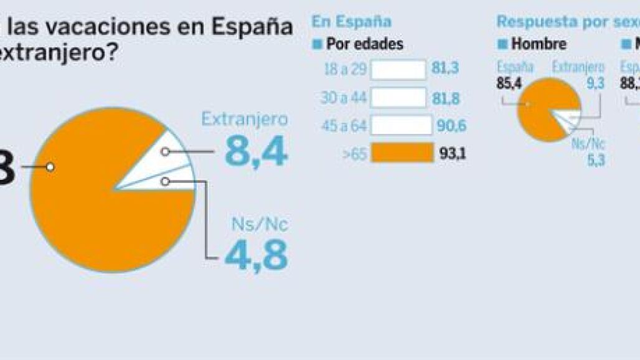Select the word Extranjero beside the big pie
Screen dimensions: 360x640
pos(245,120)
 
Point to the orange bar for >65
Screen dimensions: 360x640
pos(402,153)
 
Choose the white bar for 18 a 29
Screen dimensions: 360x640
pos(398,69)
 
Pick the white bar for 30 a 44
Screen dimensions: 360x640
pos(398,97)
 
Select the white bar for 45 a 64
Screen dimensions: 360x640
pos(401,125)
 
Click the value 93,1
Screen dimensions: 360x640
pos(453,153)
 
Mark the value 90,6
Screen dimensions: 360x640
pos(452,125)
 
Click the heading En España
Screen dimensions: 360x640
pos(351,22)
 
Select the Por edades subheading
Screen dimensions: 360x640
pos(365,44)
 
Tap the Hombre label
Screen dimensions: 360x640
pos(539,44)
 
